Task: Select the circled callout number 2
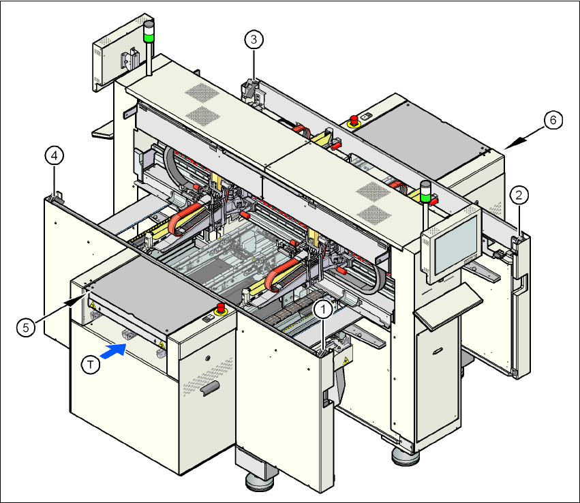(519, 196)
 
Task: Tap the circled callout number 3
(254, 40)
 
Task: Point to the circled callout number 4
(55, 155)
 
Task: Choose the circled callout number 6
(553, 120)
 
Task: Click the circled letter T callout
(90, 365)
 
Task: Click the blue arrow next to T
(113, 351)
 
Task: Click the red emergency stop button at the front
(221, 309)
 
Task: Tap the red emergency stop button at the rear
(354, 121)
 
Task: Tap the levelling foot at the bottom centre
(259, 482)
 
